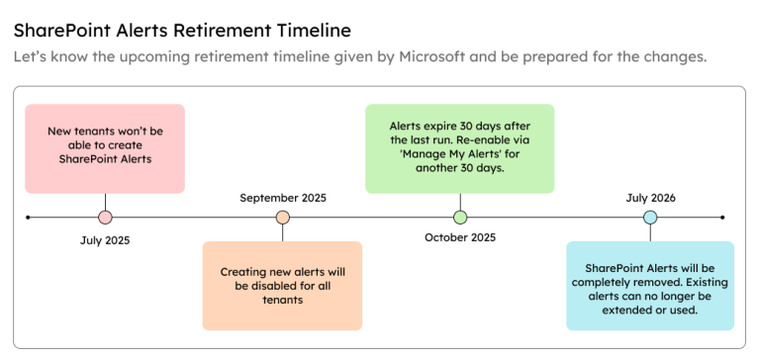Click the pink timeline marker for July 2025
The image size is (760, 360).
point(105,217)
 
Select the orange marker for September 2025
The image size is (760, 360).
point(283,217)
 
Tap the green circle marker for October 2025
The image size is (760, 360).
point(460,217)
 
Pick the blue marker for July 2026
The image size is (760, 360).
point(650,217)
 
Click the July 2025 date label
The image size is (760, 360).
point(105,239)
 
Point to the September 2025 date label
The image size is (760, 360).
point(283,198)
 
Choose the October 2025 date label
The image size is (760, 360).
point(460,237)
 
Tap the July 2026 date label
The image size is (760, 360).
point(650,198)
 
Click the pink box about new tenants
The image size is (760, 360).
point(105,148)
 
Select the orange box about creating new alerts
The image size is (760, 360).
point(283,285)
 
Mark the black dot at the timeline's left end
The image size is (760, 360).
point(29,217)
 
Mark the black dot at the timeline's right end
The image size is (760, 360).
point(723,217)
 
